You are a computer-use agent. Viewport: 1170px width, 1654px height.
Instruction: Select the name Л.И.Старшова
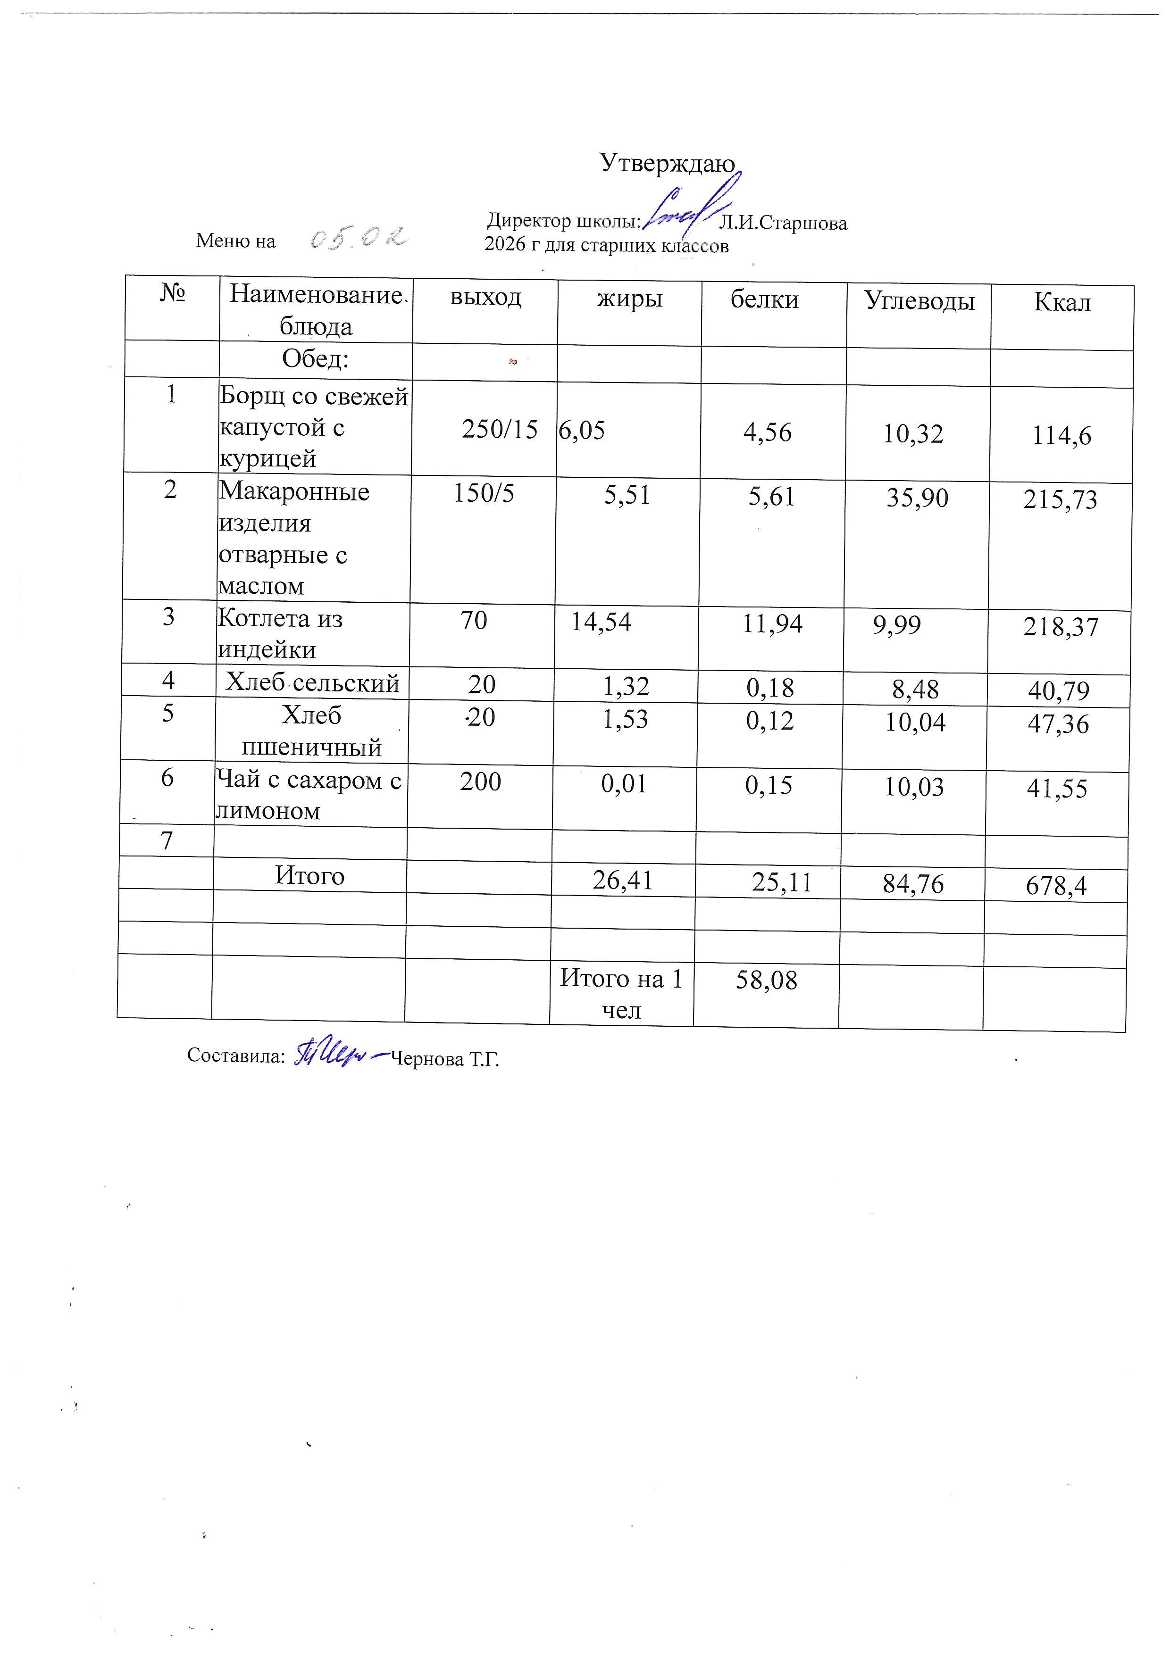click(783, 224)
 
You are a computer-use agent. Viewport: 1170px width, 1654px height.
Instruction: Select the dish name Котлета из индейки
click(280, 634)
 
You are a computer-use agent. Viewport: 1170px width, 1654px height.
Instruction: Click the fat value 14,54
click(601, 622)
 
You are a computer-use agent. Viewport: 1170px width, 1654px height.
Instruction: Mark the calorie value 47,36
click(1058, 724)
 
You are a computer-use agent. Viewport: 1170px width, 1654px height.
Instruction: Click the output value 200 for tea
click(481, 781)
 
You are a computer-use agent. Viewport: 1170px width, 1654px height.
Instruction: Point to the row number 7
click(167, 841)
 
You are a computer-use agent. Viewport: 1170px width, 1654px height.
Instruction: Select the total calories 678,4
click(1056, 885)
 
